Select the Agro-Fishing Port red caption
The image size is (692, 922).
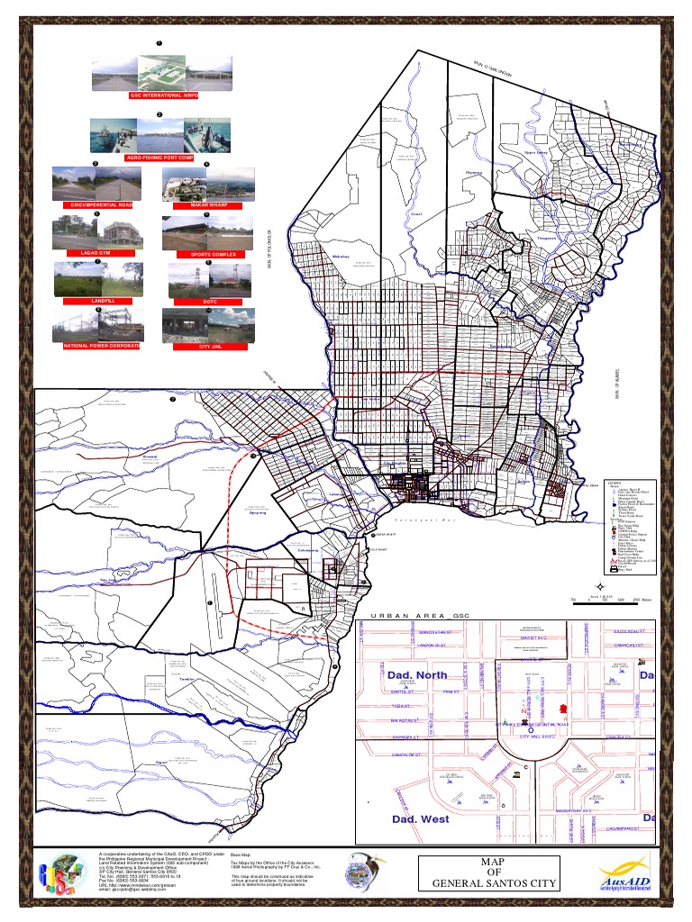pyautogui.click(x=159, y=158)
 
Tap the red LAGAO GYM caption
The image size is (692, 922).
pyautogui.click(x=96, y=254)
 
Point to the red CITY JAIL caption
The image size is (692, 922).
pyautogui.click(x=210, y=345)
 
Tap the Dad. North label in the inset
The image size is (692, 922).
pyautogui.click(x=419, y=674)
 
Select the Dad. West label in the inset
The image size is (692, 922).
pyautogui.click(x=421, y=819)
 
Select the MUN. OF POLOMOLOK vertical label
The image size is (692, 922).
pyautogui.click(x=269, y=248)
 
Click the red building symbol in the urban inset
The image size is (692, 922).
pyautogui.click(x=564, y=709)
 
